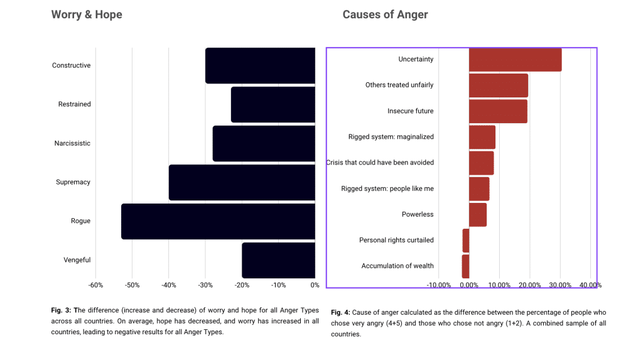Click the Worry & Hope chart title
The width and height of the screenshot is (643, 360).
tap(87, 14)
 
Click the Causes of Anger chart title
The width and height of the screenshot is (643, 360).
tap(385, 14)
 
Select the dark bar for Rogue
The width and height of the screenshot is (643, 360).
tap(218, 221)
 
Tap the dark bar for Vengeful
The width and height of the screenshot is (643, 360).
tap(278, 260)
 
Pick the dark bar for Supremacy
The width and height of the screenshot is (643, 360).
tap(242, 182)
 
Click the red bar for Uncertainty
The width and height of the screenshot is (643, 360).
tap(515, 60)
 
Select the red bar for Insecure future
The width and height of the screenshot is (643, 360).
tap(498, 111)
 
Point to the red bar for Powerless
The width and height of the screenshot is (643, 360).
tap(477, 214)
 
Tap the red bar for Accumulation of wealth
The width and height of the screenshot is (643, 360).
tap(465, 266)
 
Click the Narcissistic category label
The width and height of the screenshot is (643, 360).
tap(72, 143)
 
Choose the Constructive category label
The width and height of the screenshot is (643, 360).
tap(71, 65)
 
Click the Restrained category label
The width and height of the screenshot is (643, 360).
tap(74, 104)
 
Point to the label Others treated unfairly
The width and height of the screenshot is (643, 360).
tap(399, 85)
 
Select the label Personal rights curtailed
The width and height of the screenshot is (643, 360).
tap(396, 240)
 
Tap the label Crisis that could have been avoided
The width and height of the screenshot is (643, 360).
tap(380, 163)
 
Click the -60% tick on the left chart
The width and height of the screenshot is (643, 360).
tap(95, 285)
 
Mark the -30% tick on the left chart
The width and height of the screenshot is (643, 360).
tap(205, 285)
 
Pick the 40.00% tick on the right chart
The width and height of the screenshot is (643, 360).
tap(590, 285)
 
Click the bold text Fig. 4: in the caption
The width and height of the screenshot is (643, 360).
tap(341, 312)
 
